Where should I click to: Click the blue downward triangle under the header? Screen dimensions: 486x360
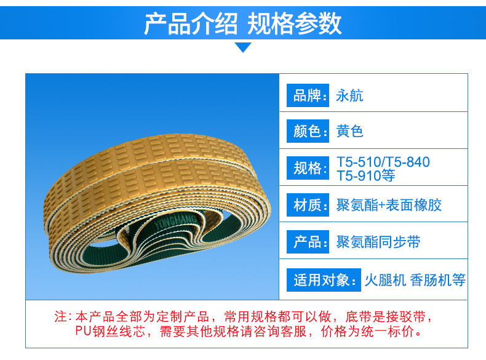click(243, 47)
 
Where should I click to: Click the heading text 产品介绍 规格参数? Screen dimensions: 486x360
click(243, 23)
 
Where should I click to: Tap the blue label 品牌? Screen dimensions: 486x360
click(308, 95)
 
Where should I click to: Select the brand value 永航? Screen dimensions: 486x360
click(349, 95)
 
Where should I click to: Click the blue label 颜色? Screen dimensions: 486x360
click(308, 131)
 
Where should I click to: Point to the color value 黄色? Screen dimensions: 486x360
click(349, 131)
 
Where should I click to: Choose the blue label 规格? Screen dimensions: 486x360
click(308, 168)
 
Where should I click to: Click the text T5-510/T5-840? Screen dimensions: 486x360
click(383, 162)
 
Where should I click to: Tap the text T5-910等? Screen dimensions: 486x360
click(366, 176)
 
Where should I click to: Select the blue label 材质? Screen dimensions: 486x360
click(308, 205)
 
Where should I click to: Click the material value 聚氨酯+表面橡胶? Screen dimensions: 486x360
click(389, 206)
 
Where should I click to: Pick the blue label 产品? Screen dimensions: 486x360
click(308, 242)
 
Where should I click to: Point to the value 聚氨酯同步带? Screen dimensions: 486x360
click(378, 242)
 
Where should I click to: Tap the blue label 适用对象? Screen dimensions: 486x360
click(324, 280)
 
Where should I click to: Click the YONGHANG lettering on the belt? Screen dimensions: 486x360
click(175, 221)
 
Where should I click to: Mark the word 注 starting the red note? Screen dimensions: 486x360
click(61, 316)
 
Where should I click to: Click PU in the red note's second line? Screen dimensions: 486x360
click(84, 332)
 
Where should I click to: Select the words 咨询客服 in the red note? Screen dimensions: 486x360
click(280, 332)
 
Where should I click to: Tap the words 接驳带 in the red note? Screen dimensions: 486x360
click(405, 317)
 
